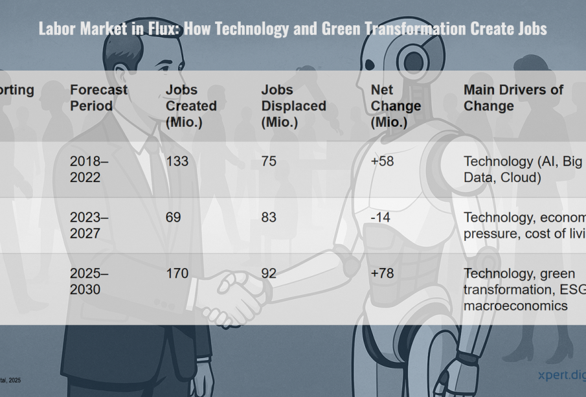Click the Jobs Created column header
click(x=191, y=106)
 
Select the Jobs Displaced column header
click(x=293, y=106)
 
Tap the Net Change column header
click(x=396, y=106)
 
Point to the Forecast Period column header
click(x=98, y=98)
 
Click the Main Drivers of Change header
click(x=513, y=98)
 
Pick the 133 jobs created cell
click(x=177, y=161)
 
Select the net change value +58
click(x=382, y=161)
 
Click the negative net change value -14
click(x=380, y=218)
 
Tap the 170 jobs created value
click(x=177, y=273)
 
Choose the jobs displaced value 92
click(x=269, y=273)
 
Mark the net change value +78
click(x=382, y=273)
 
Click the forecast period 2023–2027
click(x=89, y=225)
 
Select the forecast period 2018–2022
click(x=89, y=169)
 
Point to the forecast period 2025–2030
click(x=89, y=281)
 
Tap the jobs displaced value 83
click(x=269, y=218)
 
